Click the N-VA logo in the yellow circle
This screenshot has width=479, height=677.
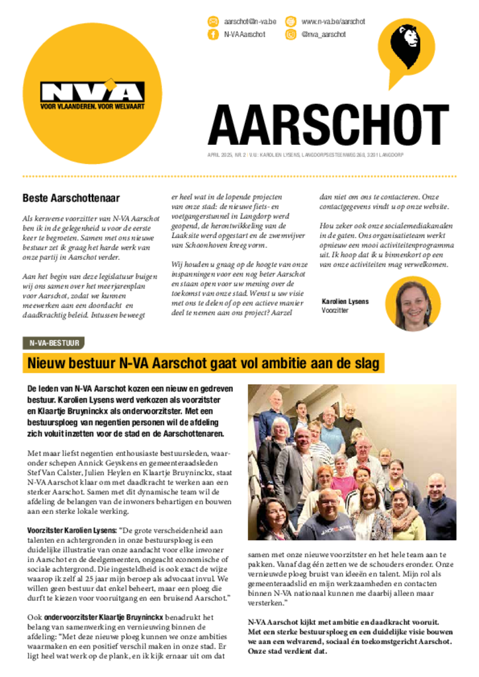[92, 92]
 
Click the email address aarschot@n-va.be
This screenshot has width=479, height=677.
[250, 22]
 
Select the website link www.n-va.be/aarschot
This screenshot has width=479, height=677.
[333, 22]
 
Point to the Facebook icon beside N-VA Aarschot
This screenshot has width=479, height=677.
[213, 34]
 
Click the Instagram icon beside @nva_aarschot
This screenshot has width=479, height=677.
[290, 34]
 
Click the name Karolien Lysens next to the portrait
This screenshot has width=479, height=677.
[345, 301]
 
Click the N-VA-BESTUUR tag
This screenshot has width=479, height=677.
[53, 343]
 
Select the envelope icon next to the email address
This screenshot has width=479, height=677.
[213, 22]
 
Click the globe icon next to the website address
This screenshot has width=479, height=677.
[290, 22]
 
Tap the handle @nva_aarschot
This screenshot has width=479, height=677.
[324, 34]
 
